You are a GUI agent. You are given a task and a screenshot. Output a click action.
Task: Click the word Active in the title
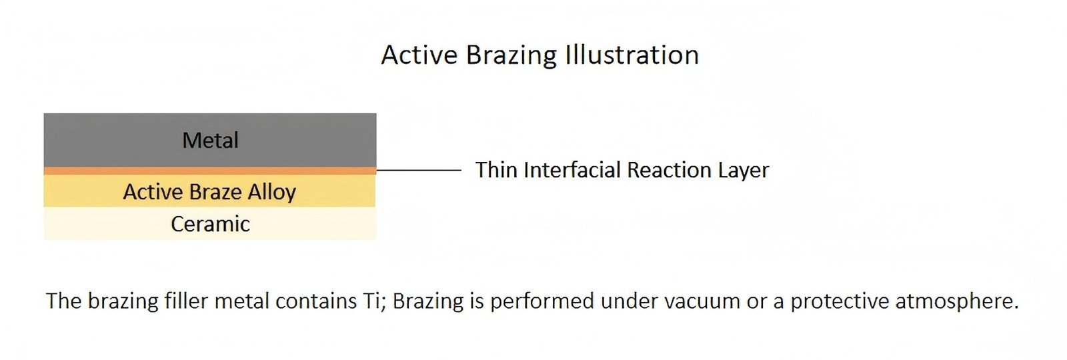click(419, 55)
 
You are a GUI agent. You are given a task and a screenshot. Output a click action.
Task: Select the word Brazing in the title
click(511, 55)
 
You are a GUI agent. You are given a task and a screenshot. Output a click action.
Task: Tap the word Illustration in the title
click(632, 55)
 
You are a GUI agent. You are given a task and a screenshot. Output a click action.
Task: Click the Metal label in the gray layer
click(210, 141)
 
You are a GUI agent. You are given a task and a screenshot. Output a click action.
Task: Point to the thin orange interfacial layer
click(210, 171)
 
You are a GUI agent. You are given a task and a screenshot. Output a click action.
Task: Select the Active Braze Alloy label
click(209, 192)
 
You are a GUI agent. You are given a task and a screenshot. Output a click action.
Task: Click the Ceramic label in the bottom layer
click(210, 224)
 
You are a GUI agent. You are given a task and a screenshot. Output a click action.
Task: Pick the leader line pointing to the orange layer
click(419, 171)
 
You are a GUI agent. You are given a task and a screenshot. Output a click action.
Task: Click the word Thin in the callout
click(497, 171)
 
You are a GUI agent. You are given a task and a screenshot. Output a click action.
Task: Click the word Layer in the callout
click(744, 171)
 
